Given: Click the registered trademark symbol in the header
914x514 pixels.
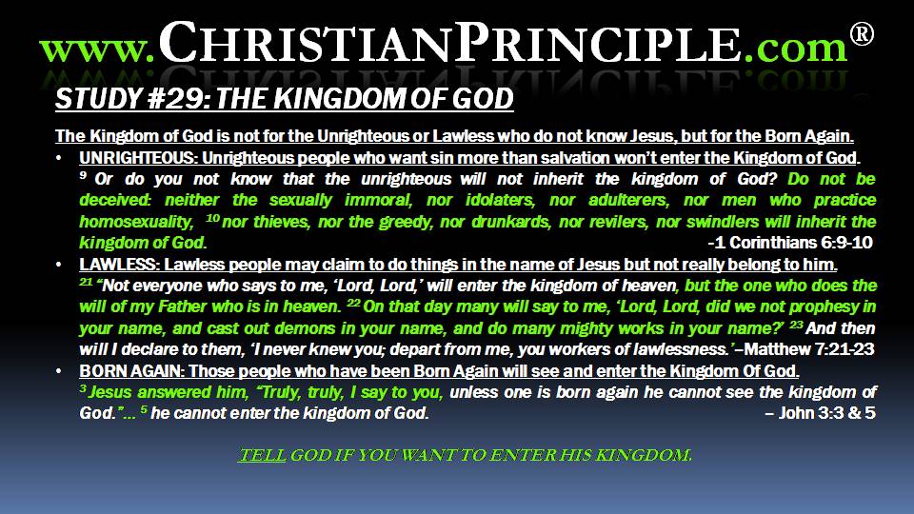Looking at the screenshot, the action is pyautogui.click(x=862, y=34).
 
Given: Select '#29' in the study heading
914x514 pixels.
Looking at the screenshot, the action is pyautogui.click(x=176, y=98).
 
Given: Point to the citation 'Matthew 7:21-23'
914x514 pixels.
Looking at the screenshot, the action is pyautogui.click(x=809, y=349).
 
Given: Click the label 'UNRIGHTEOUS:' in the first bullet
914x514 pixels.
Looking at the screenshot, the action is pyautogui.click(x=138, y=158).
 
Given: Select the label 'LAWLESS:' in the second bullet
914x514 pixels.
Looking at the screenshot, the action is pyautogui.click(x=119, y=265).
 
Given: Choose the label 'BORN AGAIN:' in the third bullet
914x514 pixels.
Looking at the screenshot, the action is pyautogui.click(x=131, y=371).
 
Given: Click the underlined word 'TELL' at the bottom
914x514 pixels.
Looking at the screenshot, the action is pyautogui.click(x=263, y=455).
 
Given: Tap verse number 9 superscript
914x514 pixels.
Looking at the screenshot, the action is pyautogui.click(x=83, y=174).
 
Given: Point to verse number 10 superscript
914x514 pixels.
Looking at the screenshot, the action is pyautogui.click(x=212, y=217).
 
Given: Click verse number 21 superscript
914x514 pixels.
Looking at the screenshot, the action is pyautogui.click(x=87, y=282).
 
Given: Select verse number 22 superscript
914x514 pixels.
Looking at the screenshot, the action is pyautogui.click(x=353, y=303).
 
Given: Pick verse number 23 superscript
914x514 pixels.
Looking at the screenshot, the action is pyautogui.click(x=796, y=324).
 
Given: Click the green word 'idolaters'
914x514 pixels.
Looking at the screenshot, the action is pyautogui.click(x=500, y=201).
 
